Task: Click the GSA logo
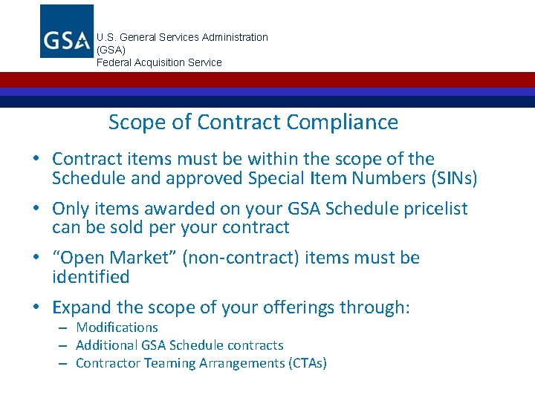pos(67,31)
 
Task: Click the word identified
pos(91,277)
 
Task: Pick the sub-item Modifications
pos(117,327)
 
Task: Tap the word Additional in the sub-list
pos(103,345)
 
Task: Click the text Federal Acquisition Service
pos(159,62)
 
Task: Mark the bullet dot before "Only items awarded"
pos(36,209)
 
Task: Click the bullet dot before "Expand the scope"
pos(36,307)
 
